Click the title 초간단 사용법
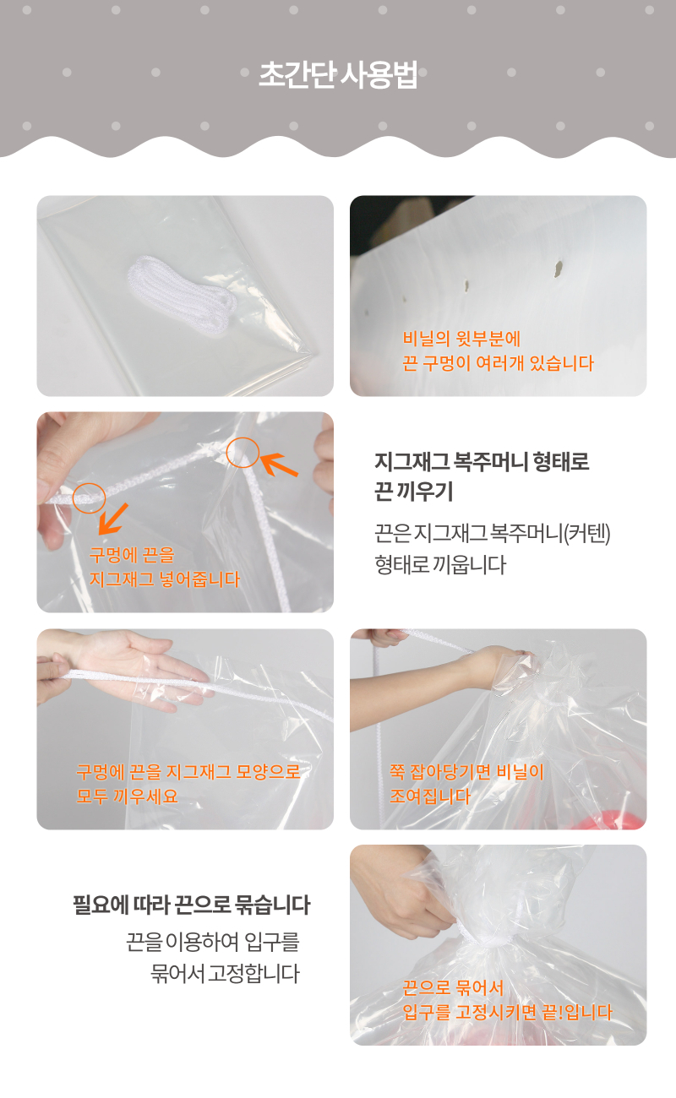338,75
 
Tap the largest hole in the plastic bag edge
558,269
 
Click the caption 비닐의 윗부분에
461,338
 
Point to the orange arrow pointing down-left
113,519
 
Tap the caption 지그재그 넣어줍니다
164,579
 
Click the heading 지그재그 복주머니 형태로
482,461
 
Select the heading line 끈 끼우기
413,492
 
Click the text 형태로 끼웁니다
440,565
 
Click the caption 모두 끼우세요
127,796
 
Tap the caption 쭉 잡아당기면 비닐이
466,771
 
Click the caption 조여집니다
430,796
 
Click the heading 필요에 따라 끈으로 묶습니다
191,905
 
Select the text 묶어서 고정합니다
225,974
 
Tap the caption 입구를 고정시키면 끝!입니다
507,1012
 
